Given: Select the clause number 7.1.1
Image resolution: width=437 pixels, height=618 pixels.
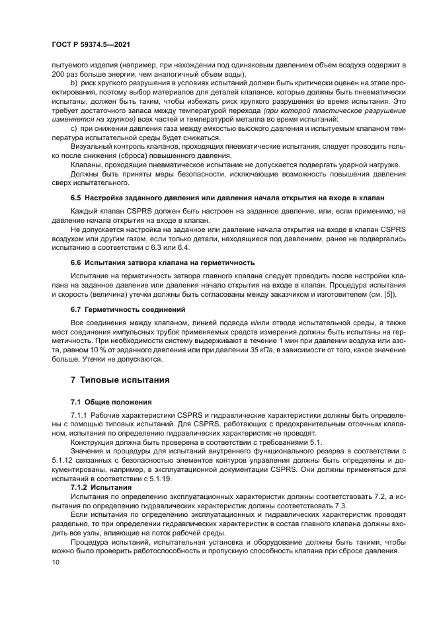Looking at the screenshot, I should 81,414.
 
